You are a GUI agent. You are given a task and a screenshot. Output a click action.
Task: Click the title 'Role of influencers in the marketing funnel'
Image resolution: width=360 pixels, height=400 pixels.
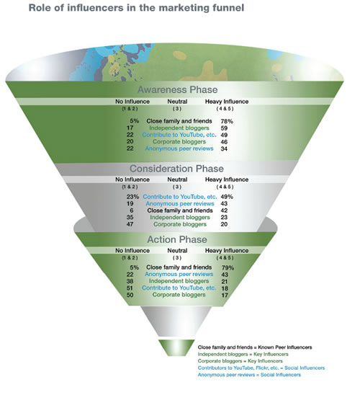[136, 8]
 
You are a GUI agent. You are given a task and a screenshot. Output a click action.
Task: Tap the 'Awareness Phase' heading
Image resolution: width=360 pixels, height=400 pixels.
[178, 90]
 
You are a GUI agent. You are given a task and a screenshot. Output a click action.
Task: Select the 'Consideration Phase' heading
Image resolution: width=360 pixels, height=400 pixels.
[176, 169]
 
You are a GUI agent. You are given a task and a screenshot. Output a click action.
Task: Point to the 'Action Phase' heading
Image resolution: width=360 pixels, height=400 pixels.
[177, 239]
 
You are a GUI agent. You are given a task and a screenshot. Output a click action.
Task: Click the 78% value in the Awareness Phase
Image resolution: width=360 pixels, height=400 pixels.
[227, 121]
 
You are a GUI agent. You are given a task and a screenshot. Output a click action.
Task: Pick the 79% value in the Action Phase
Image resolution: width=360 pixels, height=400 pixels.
[228, 267]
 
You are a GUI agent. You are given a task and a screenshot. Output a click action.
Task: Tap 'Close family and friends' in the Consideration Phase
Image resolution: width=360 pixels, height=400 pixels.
[180, 210]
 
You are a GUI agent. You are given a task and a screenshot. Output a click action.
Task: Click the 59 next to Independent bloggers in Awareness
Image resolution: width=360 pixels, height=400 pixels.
[224, 128]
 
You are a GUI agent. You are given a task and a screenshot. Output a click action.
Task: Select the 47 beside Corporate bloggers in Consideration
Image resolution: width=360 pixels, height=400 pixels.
[130, 224]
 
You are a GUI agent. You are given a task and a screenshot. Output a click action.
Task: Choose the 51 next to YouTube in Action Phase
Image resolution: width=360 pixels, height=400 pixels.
[130, 288]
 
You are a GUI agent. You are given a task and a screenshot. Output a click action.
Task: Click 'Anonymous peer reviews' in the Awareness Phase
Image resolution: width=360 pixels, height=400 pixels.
[179, 148]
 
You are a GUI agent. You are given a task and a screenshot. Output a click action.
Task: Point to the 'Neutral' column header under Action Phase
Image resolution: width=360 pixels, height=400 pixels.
[177, 251]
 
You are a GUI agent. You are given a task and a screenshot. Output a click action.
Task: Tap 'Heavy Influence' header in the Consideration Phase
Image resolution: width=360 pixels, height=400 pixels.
[227, 179]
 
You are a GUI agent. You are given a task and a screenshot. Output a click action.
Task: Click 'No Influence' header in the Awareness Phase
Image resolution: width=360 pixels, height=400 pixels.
[132, 102]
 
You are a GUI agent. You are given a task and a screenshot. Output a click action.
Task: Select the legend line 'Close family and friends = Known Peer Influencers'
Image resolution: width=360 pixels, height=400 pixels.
[255, 347]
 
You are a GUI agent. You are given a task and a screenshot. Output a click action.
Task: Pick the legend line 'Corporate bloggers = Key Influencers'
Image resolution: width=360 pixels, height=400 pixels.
[240, 361]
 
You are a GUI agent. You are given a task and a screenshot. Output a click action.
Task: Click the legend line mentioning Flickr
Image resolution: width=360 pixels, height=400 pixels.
[261, 368]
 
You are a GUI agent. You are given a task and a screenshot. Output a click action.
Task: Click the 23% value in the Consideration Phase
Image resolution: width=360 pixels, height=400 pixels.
[132, 197]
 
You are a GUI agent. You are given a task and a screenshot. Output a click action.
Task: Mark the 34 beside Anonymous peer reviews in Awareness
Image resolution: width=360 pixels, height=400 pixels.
[224, 148]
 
